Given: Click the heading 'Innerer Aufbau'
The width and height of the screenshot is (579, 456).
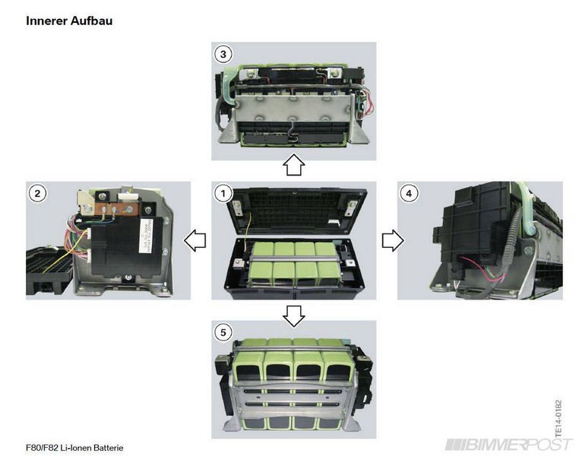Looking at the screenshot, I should pos(69,21).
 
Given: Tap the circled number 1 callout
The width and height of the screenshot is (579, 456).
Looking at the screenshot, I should pos(222,193).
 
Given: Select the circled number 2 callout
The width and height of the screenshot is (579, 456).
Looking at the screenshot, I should pos(36,193).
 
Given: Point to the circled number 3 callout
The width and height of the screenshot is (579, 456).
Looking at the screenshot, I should pos(222,54).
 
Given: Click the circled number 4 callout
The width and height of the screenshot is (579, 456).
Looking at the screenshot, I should pos(409,193).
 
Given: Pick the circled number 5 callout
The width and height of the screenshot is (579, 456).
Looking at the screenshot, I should pos(222,332).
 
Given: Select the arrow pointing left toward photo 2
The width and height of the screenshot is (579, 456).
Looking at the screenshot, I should pos(195,241).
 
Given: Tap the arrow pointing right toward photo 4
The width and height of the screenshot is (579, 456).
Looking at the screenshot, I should pos(391,241).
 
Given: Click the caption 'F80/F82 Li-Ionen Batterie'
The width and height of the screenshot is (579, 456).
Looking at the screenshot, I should pos(74,448).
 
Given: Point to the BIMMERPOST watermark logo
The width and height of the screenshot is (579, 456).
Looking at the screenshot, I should pos(509,444).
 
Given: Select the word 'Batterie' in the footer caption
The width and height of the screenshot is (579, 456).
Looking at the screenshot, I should pos(106,448).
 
